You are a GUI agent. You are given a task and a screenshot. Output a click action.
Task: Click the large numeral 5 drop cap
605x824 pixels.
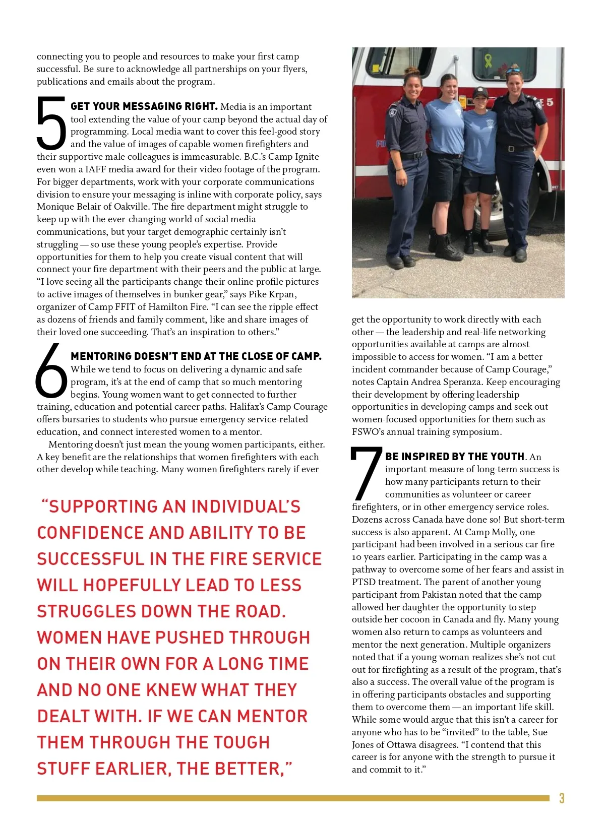click(51, 123)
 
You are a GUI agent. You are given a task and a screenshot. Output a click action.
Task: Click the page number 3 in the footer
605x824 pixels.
click(562, 798)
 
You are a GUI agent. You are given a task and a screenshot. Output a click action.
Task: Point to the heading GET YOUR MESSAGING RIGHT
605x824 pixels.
click(144, 106)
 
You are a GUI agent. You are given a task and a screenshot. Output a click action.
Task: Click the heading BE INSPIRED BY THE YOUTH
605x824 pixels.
click(455, 457)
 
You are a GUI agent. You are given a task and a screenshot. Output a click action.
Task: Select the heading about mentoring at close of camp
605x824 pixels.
click(196, 356)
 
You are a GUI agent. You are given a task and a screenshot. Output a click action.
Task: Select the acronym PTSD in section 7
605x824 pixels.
click(364, 582)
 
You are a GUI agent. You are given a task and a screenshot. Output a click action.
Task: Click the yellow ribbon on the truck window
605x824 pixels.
click(488, 60)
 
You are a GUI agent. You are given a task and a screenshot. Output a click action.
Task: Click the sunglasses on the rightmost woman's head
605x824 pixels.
click(513, 71)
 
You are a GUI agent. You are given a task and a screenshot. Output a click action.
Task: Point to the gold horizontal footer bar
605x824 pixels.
click(292, 798)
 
